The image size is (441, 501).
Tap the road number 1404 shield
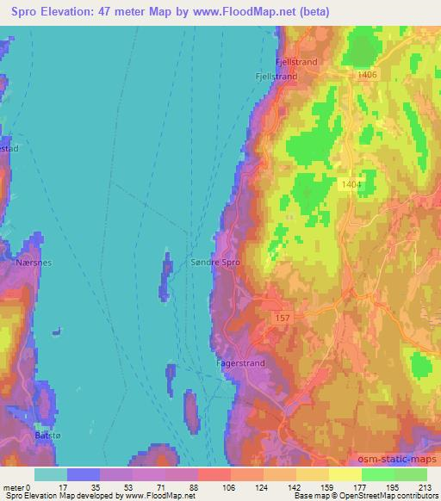(x=351, y=184)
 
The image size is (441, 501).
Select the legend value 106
(x=214, y=487)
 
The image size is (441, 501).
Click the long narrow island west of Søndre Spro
(x=164, y=277)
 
